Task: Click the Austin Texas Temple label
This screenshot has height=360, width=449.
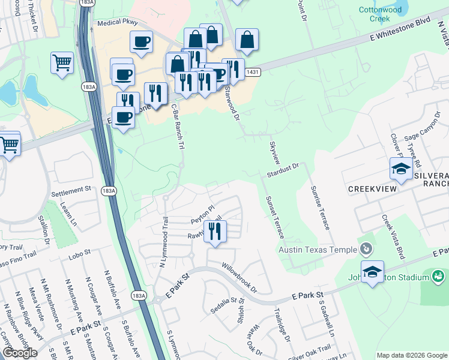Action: point(317,249)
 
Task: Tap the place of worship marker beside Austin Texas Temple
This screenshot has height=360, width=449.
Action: point(365,249)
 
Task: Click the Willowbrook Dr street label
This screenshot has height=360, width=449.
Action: point(238,277)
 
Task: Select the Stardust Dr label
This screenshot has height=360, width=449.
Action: point(283,170)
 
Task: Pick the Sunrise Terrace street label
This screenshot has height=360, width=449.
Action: point(320,208)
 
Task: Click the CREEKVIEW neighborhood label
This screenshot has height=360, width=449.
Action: point(373,189)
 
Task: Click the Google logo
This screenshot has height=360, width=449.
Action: point(19,353)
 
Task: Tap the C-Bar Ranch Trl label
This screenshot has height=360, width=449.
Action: point(177,130)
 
